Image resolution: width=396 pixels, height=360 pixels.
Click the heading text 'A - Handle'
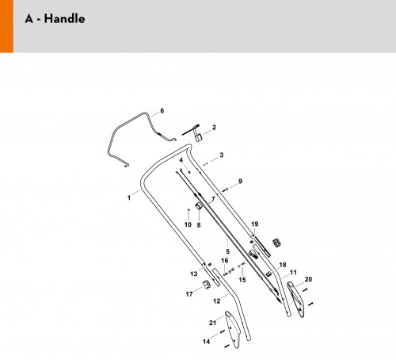[x=55, y=19]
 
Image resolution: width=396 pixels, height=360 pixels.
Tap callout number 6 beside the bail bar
[x=162, y=110]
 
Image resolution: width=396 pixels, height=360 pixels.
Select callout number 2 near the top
[x=214, y=127]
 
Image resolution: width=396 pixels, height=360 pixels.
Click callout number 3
[x=222, y=155]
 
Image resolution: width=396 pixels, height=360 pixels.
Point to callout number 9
[x=240, y=181]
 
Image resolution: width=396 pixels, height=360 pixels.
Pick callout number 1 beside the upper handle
[x=129, y=197]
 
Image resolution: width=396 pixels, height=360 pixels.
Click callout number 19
[x=254, y=224]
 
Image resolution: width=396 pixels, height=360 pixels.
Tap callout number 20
[x=308, y=279]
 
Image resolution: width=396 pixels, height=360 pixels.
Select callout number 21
[x=212, y=323]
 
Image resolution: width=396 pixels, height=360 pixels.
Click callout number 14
[x=206, y=342]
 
